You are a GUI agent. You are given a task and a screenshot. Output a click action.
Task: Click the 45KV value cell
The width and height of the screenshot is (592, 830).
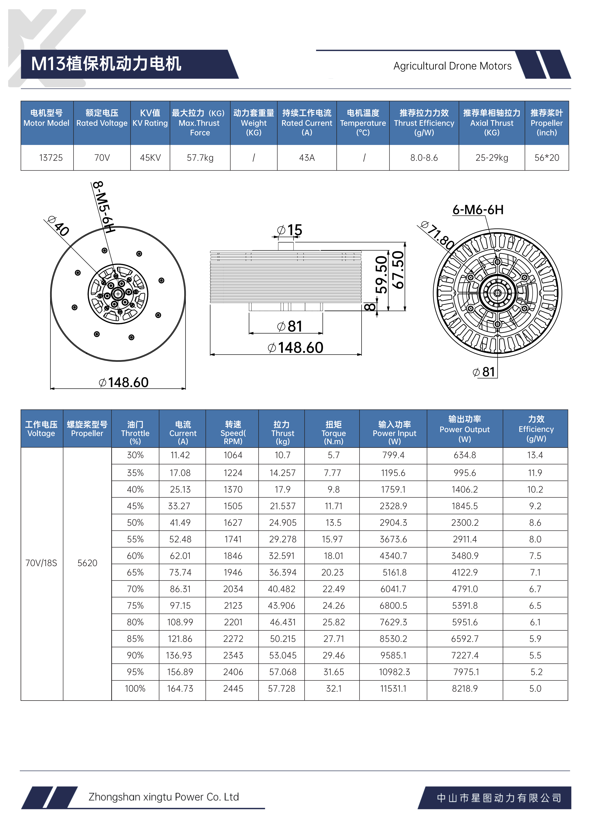(150, 158)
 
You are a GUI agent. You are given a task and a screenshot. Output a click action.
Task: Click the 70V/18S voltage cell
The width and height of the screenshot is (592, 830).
(41, 563)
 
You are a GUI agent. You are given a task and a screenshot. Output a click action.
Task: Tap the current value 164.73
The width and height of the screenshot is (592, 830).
(180, 689)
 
